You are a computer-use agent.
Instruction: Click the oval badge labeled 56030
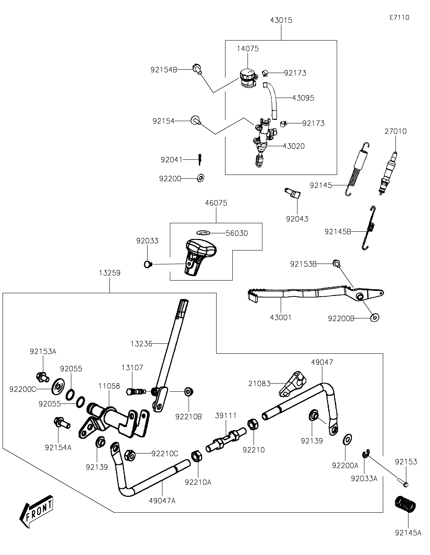(x=203, y=233)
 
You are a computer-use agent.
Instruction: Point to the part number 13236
(x=141, y=344)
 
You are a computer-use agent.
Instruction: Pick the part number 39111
(x=226, y=416)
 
